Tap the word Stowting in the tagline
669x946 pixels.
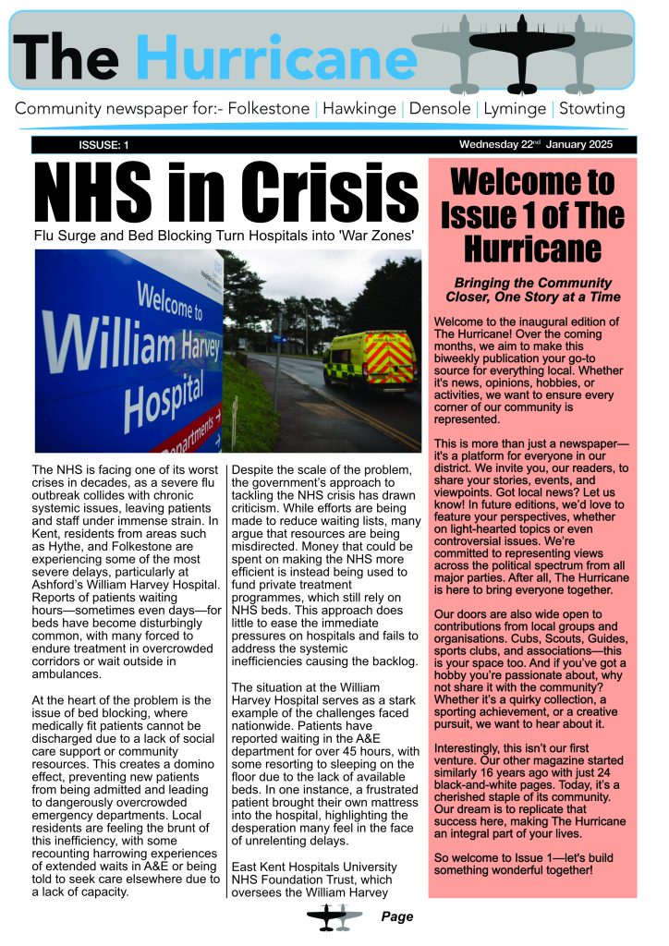point(591,109)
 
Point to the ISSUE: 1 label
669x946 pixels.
point(103,145)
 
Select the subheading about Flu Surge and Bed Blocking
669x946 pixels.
point(223,236)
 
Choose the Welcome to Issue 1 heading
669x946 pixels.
point(532,213)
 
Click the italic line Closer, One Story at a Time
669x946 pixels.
point(532,297)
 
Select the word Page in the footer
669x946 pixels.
point(396,917)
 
